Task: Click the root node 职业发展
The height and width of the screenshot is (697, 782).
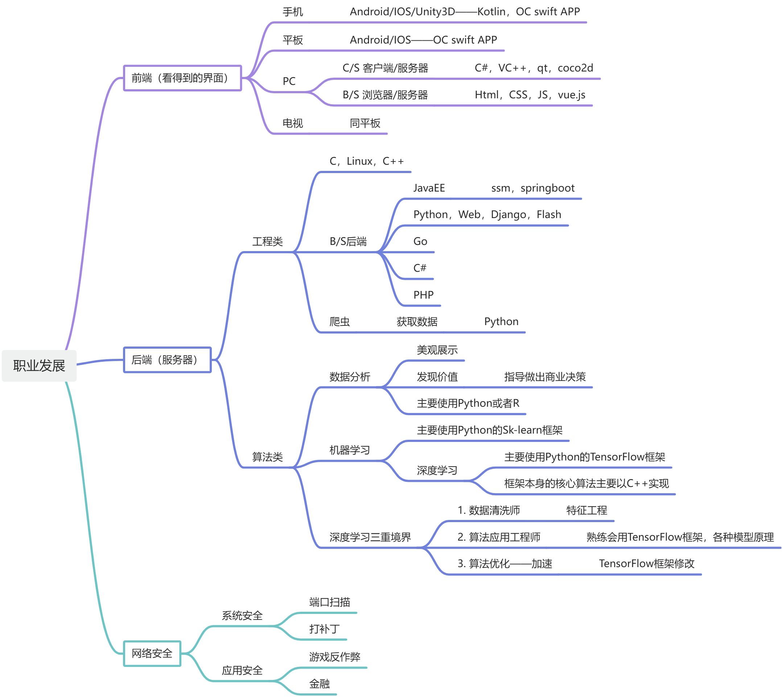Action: [x=39, y=366]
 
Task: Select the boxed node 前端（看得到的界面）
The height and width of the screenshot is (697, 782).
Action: [x=182, y=78]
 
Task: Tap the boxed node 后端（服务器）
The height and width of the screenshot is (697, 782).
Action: [x=167, y=360]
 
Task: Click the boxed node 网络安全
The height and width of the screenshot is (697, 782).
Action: [x=152, y=653]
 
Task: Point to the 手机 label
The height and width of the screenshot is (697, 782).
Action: [x=293, y=12]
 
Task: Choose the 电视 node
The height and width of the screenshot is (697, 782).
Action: [x=293, y=123]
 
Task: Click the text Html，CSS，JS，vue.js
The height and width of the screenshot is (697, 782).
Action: [x=530, y=95]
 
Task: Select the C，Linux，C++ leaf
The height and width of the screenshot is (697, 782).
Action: [x=366, y=161]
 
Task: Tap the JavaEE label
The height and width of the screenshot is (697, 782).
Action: [x=429, y=188]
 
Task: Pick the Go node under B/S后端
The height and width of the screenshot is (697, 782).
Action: [x=420, y=241]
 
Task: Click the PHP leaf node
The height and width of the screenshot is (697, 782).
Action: [x=423, y=295]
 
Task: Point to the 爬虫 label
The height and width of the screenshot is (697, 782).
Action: [x=339, y=322]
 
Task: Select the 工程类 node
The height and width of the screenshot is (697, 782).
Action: [x=268, y=242]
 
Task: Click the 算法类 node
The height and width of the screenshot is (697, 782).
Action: [x=268, y=457]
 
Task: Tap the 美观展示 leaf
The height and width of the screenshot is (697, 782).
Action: [x=437, y=350]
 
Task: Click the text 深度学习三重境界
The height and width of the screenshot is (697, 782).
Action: [x=370, y=537]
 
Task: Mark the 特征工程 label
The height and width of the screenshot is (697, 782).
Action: [x=587, y=511]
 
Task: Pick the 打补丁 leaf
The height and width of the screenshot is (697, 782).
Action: [x=324, y=629]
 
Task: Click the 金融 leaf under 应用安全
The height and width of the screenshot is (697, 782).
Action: [x=320, y=684]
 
